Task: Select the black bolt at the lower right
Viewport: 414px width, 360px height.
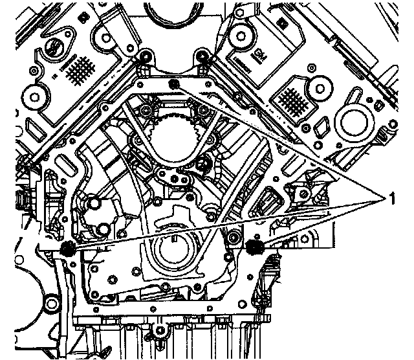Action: [254, 246]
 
